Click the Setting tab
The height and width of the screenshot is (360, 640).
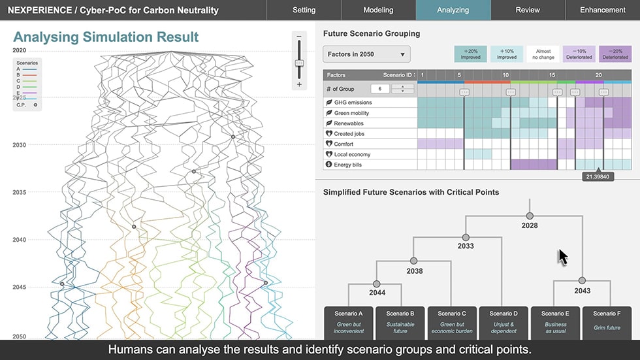[x=304, y=10]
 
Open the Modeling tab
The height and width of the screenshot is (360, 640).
[x=378, y=10]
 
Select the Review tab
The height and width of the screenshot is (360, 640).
[x=527, y=10]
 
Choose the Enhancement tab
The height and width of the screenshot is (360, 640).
[x=603, y=10]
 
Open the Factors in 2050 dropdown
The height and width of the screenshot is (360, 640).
[x=366, y=54]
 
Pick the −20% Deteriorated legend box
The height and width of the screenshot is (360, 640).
[x=615, y=54]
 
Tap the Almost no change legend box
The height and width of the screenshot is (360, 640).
[x=543, y=54]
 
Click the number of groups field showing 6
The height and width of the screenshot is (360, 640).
[x=379, y=89]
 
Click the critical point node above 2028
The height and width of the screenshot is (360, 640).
[x=530, y=216]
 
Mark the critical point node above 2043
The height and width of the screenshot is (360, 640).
[x=582, y=281]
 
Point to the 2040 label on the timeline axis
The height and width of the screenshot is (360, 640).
[x=20, y=240]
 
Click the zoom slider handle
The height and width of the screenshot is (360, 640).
[x=299, y=63]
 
